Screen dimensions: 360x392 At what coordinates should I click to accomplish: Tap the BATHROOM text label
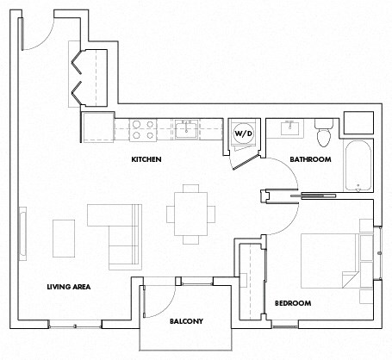(310, 159)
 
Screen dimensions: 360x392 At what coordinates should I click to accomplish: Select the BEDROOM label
(292, 303)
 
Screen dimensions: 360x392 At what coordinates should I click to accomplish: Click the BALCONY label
(185, 321)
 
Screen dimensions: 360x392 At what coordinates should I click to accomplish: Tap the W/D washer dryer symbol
(242, 133)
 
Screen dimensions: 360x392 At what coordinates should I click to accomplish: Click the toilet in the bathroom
(325, 133)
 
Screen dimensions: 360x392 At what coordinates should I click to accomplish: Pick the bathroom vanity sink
(288, 129)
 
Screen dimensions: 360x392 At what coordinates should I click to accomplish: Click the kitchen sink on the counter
(187, 130)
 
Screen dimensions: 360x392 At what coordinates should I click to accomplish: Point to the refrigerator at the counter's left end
(97, 127)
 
